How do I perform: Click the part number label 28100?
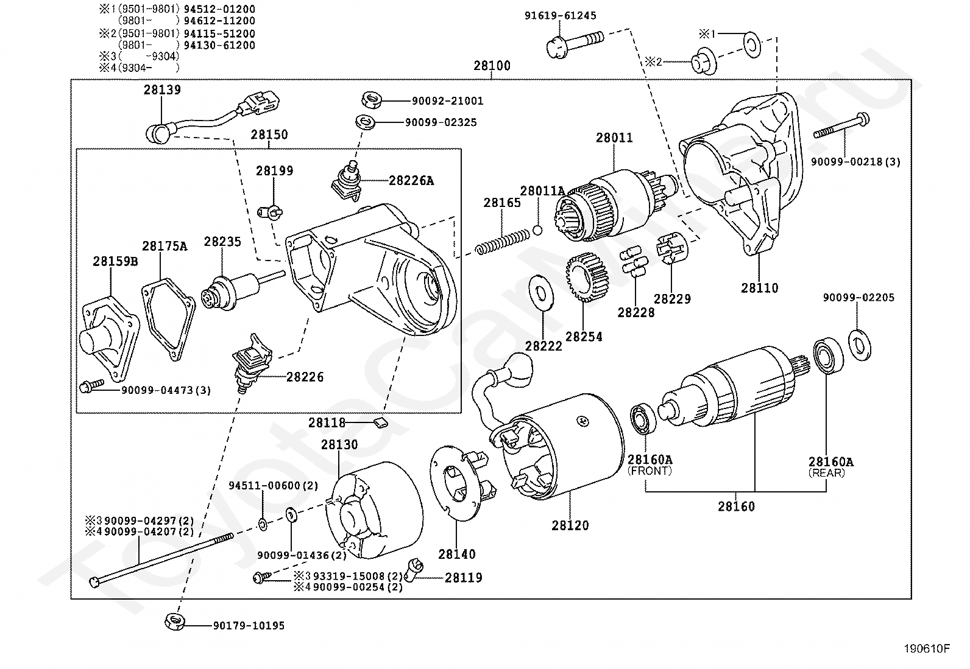492,66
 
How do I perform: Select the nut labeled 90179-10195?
175,622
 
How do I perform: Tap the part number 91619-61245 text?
561,16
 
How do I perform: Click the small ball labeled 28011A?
537,229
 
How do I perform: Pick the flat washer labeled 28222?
541,292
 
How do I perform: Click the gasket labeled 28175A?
168,319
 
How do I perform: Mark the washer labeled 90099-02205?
860,345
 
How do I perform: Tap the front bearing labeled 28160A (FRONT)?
643,418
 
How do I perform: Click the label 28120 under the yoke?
570,525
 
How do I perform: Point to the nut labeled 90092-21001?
371,100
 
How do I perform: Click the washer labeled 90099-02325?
366,122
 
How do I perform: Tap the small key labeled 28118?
380,422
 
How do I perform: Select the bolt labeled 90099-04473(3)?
92,385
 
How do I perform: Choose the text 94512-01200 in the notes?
219,9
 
